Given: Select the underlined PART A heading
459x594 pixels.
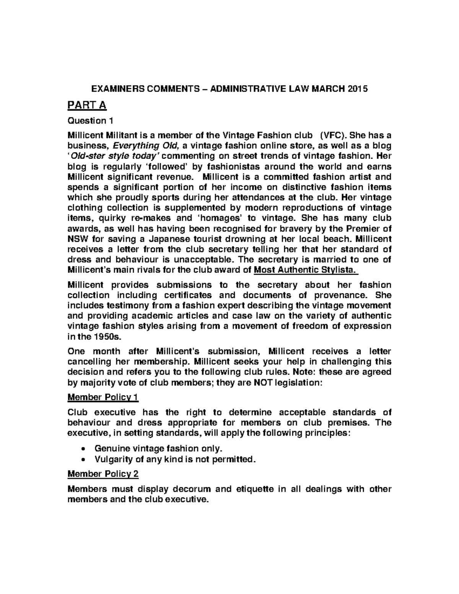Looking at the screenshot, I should tap(87, 105).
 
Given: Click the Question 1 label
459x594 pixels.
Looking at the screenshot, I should tap(90, 121).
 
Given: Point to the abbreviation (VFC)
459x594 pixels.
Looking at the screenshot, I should tap(334, 135).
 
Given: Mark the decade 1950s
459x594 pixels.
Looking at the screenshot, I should tap(108, 337).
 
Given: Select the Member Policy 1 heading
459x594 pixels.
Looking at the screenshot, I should tap(103, 397).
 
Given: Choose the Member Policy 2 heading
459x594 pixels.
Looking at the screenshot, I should tap(103, 474).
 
